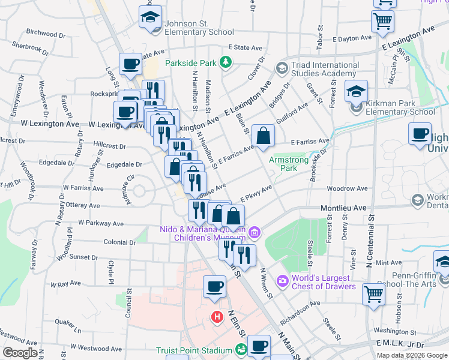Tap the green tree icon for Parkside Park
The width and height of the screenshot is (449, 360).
(225, 61)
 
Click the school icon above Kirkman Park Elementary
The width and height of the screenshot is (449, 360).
(356, 91)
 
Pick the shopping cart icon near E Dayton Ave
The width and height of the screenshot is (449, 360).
(382, 21)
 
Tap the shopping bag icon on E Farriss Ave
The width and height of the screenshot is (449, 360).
(263, 136)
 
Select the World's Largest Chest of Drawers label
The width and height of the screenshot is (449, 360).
(321, 282)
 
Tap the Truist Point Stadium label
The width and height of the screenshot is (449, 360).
(193, 350)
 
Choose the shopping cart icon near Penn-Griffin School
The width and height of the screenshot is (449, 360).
(373, 294)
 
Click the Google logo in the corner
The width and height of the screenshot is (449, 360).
(20, 353)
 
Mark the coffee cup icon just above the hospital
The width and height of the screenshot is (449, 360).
(214, 287)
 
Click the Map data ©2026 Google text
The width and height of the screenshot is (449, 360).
(412, 355)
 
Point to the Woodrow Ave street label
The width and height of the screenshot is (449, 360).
(360, 188)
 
